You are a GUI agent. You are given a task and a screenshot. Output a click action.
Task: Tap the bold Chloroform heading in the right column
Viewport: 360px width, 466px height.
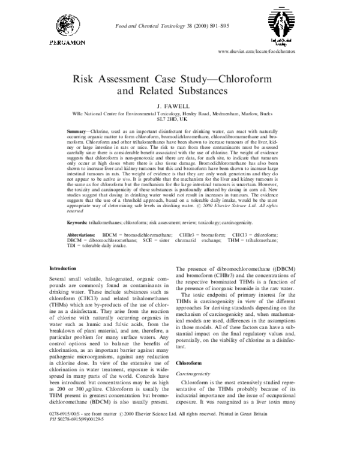(x=190, y=362)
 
